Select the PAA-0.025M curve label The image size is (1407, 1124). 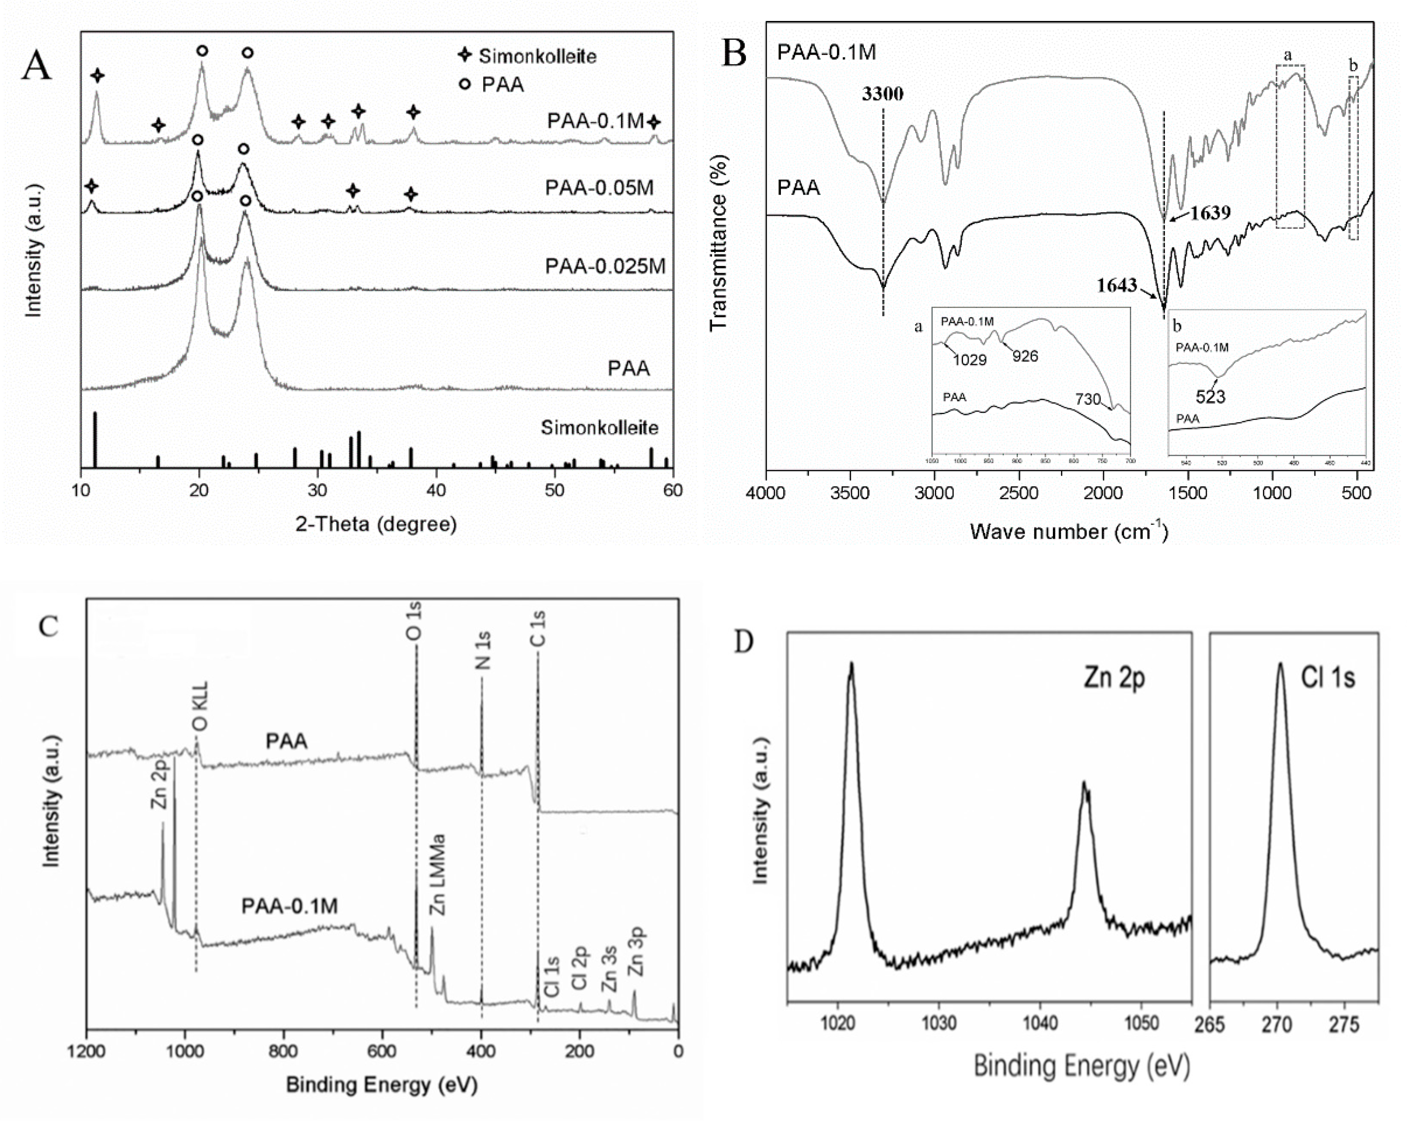tap(605, 266)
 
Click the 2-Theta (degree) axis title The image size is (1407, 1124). tap(376, 524)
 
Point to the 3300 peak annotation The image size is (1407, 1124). tap(882, 94)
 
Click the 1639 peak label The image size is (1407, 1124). tap(1209, 213)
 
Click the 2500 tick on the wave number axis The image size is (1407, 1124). tap(1019, 493)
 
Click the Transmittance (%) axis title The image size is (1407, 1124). tap(718, 243)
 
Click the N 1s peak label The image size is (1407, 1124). tap(483, 651)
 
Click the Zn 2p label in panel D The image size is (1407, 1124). tap(1114, 679)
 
